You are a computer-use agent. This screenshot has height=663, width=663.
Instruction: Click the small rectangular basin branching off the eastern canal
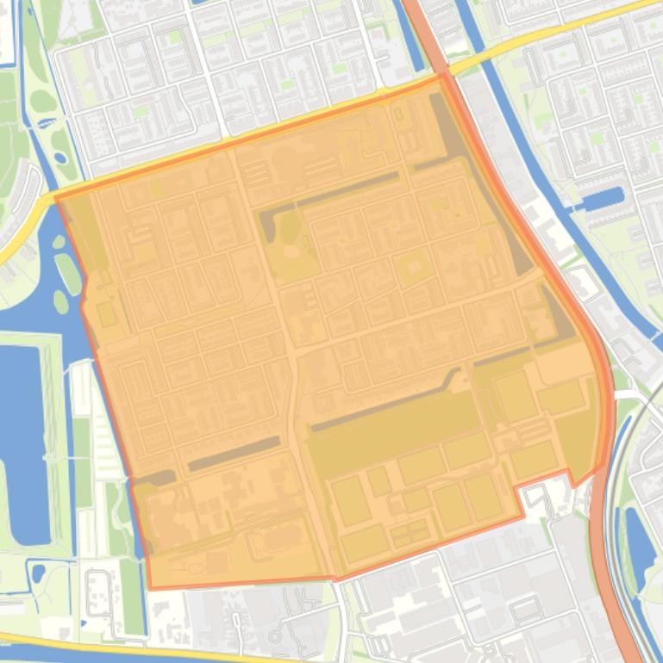tap(603, 199)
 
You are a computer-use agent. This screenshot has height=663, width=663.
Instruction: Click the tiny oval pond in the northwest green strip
tap(59, 158)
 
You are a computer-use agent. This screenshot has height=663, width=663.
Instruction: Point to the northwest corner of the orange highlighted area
tap(57, 198)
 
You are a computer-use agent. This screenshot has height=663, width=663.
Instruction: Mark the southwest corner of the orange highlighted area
tap(150, 588)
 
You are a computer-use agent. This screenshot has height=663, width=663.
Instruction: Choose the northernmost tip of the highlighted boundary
tap(443, 75)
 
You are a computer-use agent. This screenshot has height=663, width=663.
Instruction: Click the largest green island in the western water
tap(68, 272)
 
